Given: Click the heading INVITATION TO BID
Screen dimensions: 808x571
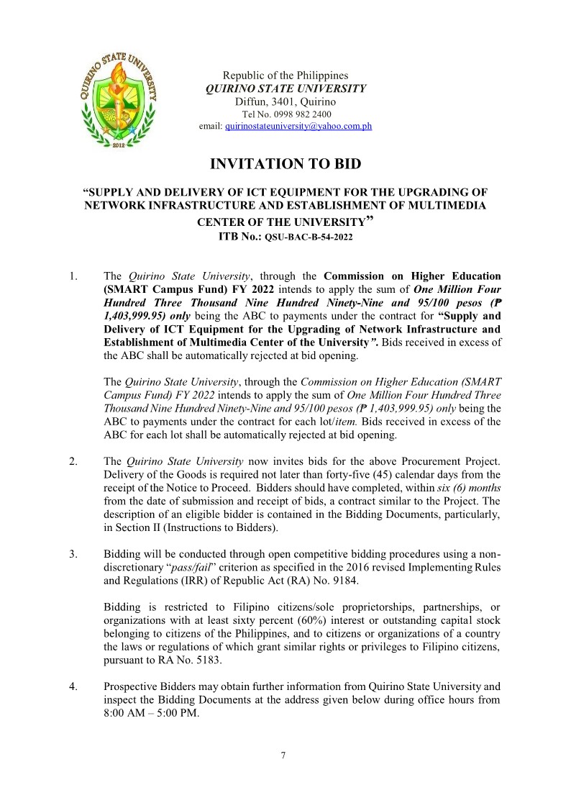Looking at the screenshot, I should pos(285,164).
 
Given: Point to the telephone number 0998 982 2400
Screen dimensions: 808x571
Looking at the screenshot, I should pos(297,114).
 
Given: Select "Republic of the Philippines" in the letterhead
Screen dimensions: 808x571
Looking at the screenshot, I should pos(285,76).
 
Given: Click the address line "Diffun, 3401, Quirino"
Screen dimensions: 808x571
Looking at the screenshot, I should pos(285,101).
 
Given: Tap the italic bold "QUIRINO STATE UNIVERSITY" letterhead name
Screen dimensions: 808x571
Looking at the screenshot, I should pos(285,88).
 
